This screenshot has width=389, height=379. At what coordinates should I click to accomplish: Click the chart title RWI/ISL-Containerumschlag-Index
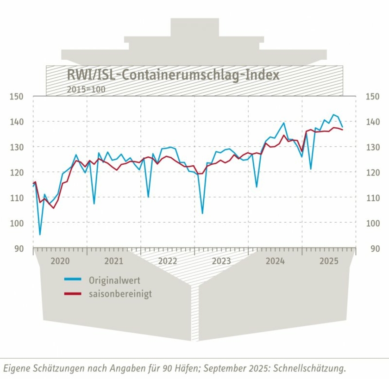point(173,75)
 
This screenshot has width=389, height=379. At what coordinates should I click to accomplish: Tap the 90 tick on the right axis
point(372,249)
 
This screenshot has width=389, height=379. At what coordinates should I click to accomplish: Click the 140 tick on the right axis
point(372,122)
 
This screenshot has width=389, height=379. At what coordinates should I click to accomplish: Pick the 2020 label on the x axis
point(60,261)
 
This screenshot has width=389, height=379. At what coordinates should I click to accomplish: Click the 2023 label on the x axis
point(221,261)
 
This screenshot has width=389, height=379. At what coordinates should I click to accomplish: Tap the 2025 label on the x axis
point(329,261)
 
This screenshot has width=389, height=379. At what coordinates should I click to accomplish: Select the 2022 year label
point(168,261)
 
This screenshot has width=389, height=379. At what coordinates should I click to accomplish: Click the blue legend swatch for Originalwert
point(73,280)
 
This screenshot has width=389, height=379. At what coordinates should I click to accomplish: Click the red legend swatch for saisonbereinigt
point(73,294)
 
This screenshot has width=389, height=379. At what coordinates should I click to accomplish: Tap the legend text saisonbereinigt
point(120,294)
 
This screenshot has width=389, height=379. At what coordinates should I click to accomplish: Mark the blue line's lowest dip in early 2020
point(40,235)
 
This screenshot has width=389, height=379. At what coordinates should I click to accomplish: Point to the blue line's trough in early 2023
point(202,213)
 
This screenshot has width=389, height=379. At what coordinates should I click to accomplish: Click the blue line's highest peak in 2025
point(333,114)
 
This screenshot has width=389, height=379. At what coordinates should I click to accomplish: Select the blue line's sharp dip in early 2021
point(94,204)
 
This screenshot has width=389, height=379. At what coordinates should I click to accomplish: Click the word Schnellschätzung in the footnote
point(309,369)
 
